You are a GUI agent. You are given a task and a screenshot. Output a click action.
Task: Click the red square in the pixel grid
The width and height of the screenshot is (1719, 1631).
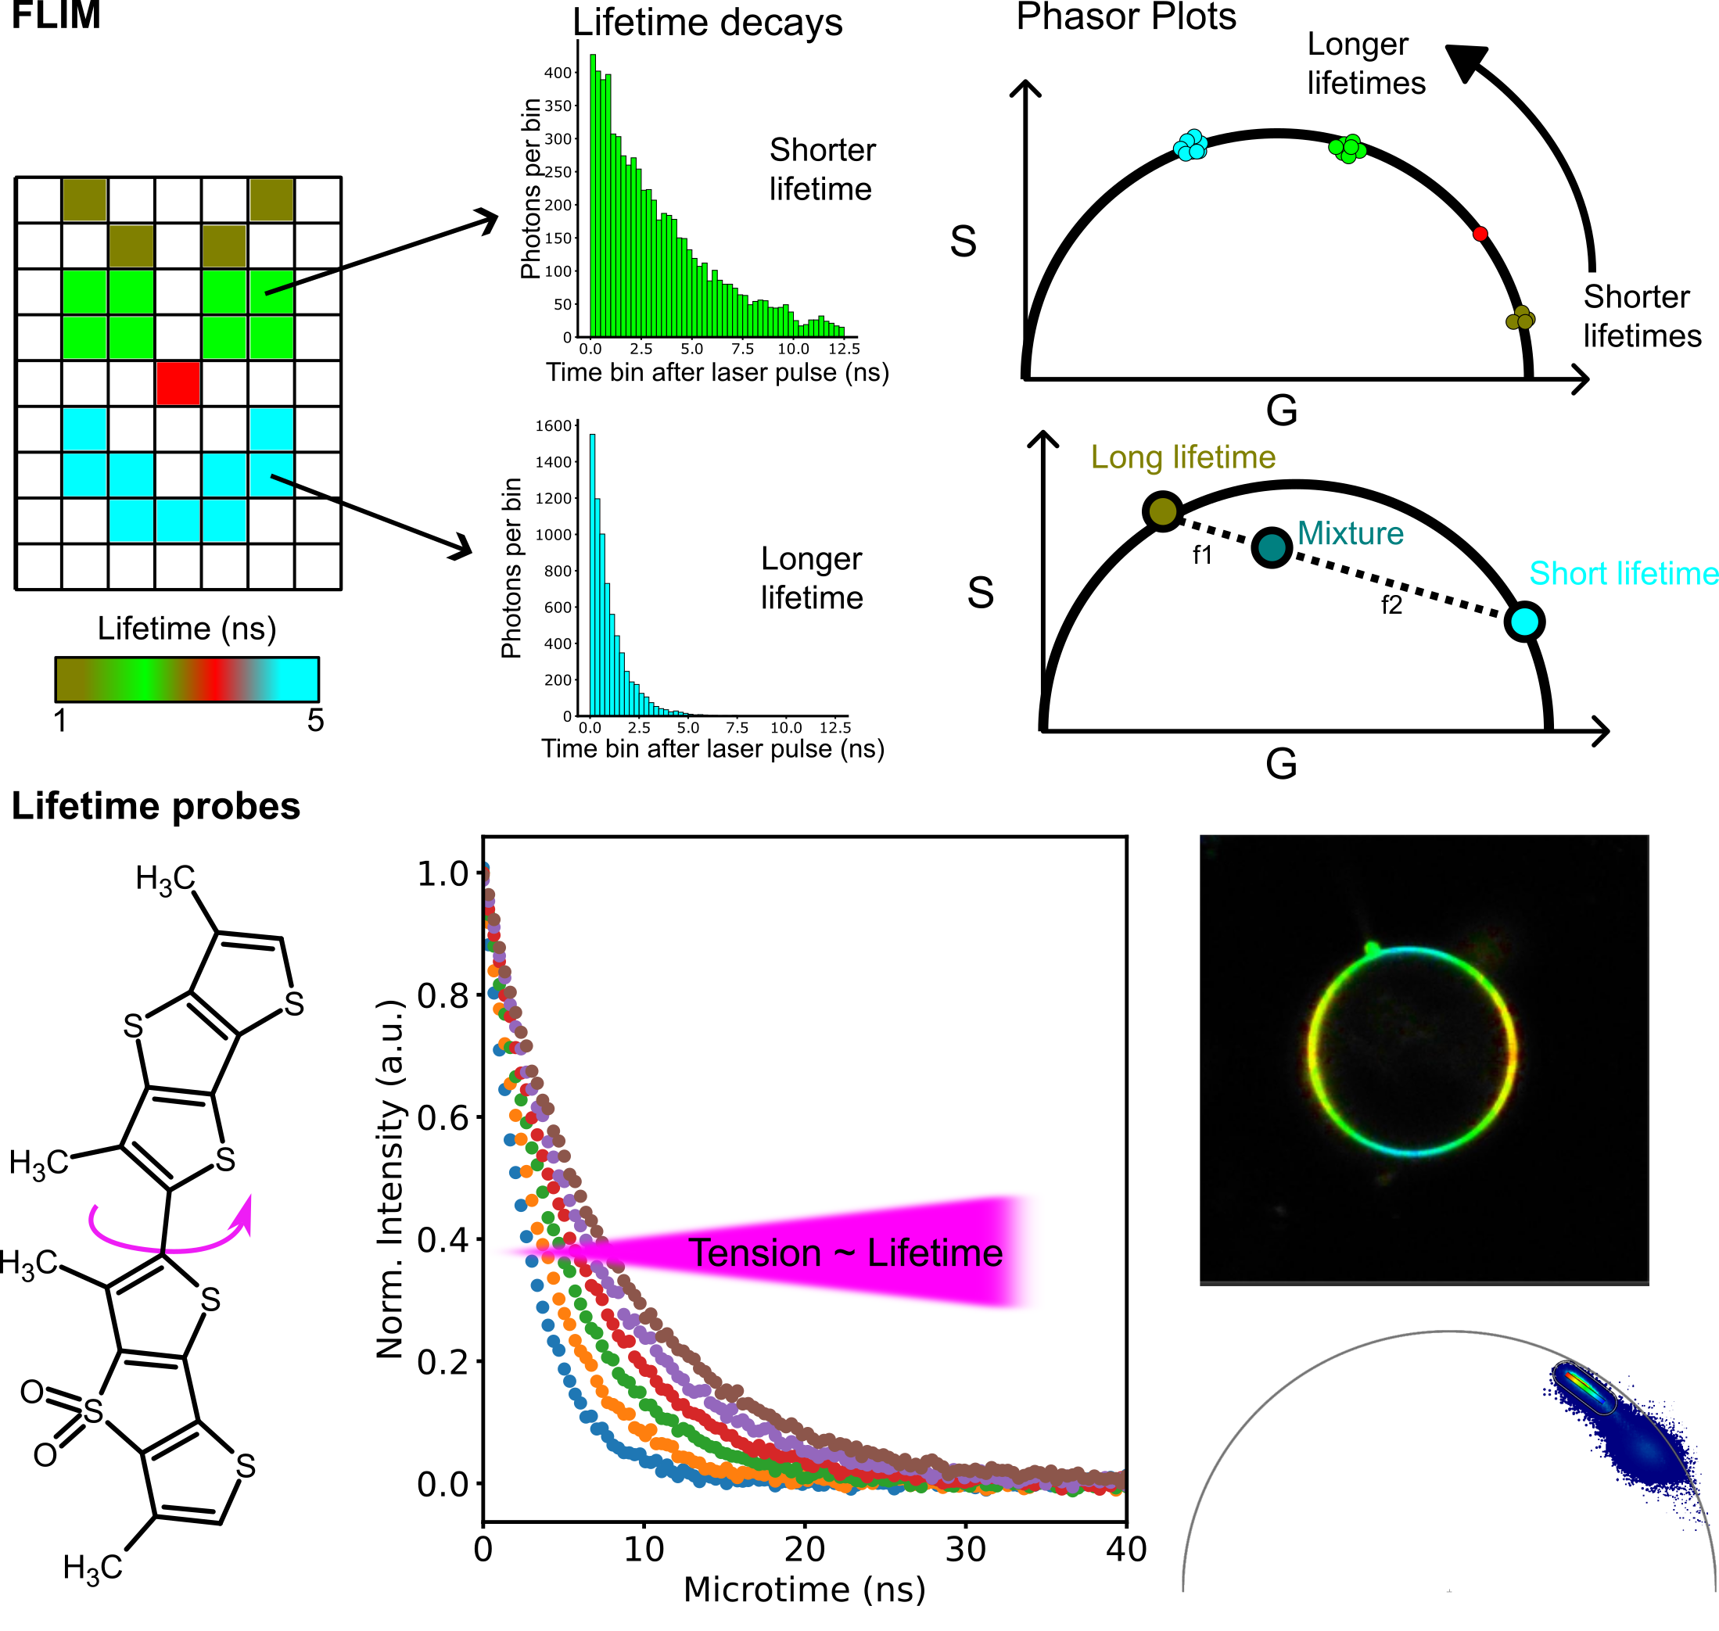pos(178,383)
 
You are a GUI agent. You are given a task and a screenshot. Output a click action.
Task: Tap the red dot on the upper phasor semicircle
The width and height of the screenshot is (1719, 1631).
pos(1480,234)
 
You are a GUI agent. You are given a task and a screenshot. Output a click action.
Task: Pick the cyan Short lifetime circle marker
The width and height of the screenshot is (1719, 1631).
pos(1524,622)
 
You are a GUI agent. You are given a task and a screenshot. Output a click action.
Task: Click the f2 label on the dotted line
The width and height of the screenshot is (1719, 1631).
pos(1391,605)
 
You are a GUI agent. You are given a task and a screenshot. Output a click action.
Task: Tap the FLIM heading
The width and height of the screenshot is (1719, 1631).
pos(56,16)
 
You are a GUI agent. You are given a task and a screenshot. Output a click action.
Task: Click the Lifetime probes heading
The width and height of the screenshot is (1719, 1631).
pos(156,806)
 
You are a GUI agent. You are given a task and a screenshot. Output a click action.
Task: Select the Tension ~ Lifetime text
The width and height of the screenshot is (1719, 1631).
pos(845,1253)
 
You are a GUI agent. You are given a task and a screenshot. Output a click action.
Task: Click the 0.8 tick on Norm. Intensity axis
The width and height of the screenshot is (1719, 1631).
pos(443,995)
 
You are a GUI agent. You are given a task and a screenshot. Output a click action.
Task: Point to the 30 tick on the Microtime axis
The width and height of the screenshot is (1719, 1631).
pos(965,1548)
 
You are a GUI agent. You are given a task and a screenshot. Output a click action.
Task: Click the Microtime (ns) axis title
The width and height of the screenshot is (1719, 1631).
pos(804,1590)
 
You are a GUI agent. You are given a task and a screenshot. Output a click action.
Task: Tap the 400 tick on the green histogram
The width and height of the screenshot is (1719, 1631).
pos(558,73)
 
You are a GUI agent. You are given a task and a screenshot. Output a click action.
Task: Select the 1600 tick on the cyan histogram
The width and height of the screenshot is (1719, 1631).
pos(554,426)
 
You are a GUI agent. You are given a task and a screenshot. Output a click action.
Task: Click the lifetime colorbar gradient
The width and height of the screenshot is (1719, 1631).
pos(187,679)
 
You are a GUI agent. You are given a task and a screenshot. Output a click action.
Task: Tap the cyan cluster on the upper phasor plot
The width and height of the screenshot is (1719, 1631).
pos(1190,145)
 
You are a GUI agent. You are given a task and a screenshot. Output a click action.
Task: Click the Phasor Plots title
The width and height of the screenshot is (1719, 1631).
pos(1126,17)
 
